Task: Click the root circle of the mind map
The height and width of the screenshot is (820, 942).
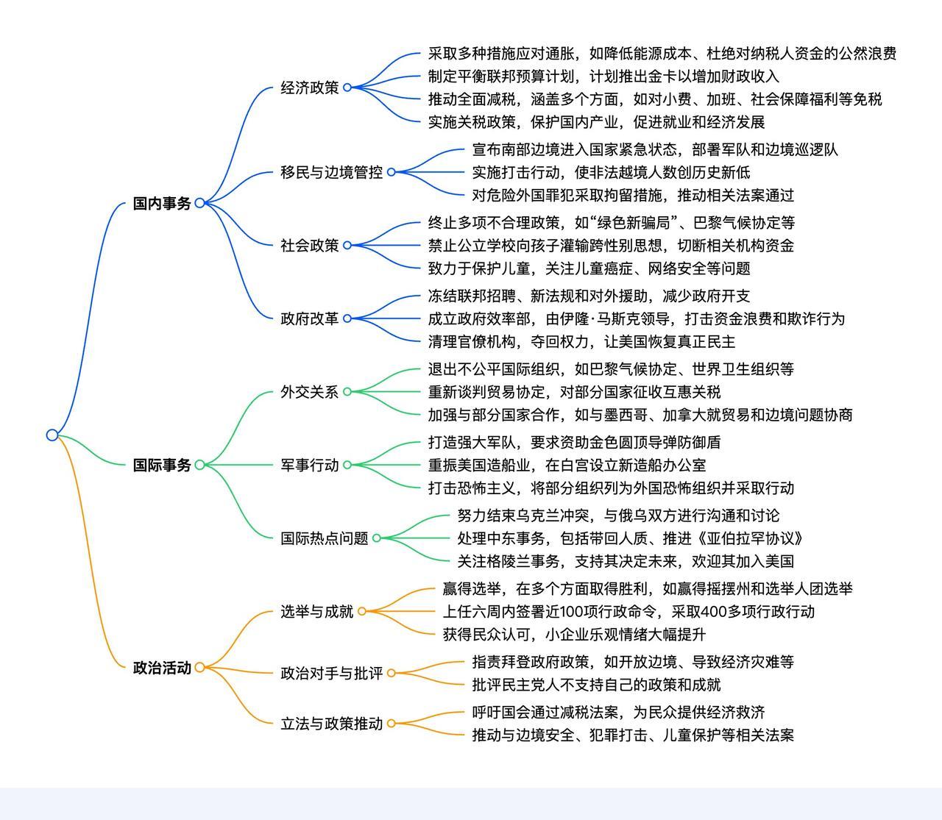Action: [52, 435]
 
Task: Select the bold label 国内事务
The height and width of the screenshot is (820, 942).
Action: [162, 203]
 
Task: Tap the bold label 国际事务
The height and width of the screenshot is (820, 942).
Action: [162, 465]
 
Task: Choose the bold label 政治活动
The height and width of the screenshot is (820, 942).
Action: [162, 667]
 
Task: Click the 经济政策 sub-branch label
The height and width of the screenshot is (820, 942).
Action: [309, 88]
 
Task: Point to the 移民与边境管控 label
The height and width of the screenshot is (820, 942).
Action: [331, 172]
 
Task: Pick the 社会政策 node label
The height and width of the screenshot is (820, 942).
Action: [309, 245]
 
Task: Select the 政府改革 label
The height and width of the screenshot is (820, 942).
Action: [309, 318]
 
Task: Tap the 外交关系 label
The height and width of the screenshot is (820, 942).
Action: [309, 392]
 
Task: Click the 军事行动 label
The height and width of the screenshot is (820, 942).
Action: [309, 465]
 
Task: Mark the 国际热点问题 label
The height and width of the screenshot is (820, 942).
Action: [324, 538]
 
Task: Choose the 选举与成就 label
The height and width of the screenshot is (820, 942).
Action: [316, 611]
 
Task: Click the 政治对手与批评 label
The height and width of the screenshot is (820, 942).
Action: [331, 674]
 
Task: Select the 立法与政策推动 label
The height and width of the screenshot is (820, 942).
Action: [331, 724]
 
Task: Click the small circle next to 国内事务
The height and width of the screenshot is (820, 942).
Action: [199, 203]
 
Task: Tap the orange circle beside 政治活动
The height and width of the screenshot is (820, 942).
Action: [199, 667]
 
